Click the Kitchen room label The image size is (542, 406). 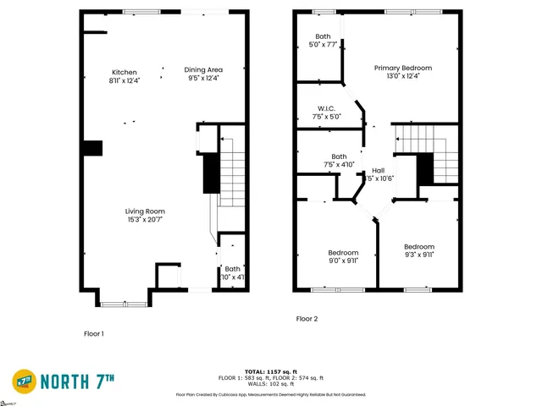tap(124, 71)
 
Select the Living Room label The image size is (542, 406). tap(145, 211)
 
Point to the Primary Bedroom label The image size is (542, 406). tap(403, 68)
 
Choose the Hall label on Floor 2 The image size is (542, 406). tap(379, 170)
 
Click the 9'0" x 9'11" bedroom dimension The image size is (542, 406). tap(343, 261)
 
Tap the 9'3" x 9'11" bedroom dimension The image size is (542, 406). tap(418, 254)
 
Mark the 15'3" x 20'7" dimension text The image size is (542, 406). tap(145, 220)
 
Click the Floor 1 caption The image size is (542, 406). tap(93, 333)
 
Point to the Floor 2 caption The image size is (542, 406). tap(307, 319)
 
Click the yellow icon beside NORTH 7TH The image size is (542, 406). tap(25, 380)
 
